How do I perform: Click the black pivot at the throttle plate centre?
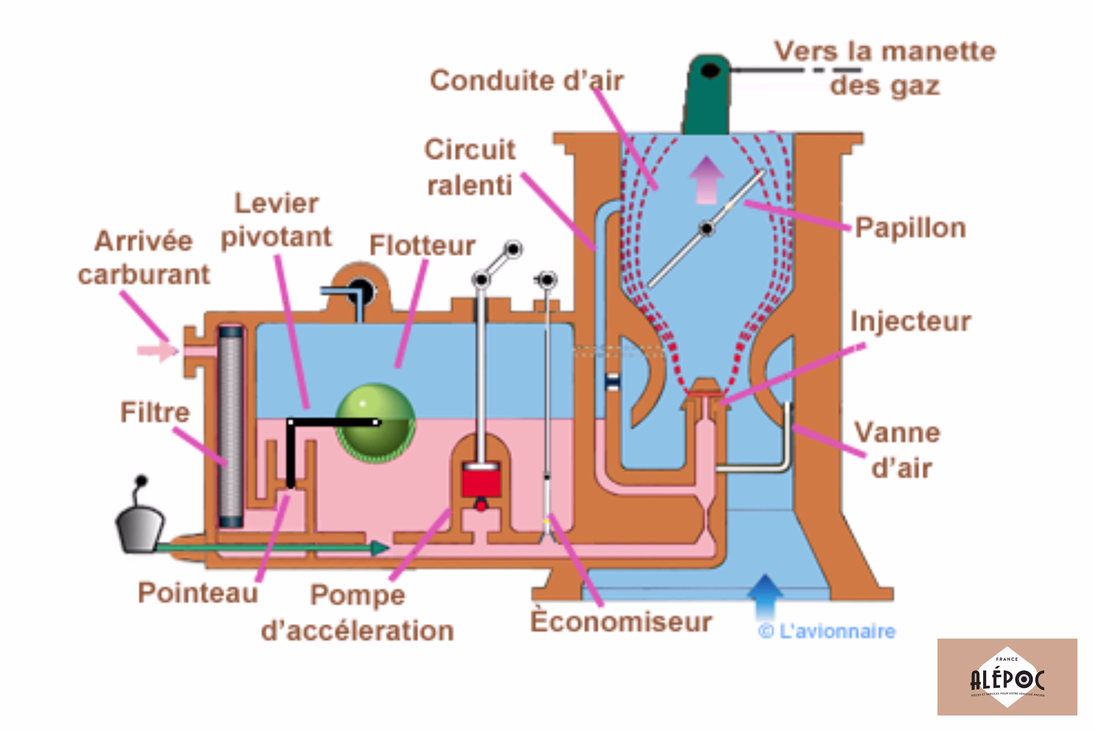707,229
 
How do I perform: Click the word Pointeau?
198,593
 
